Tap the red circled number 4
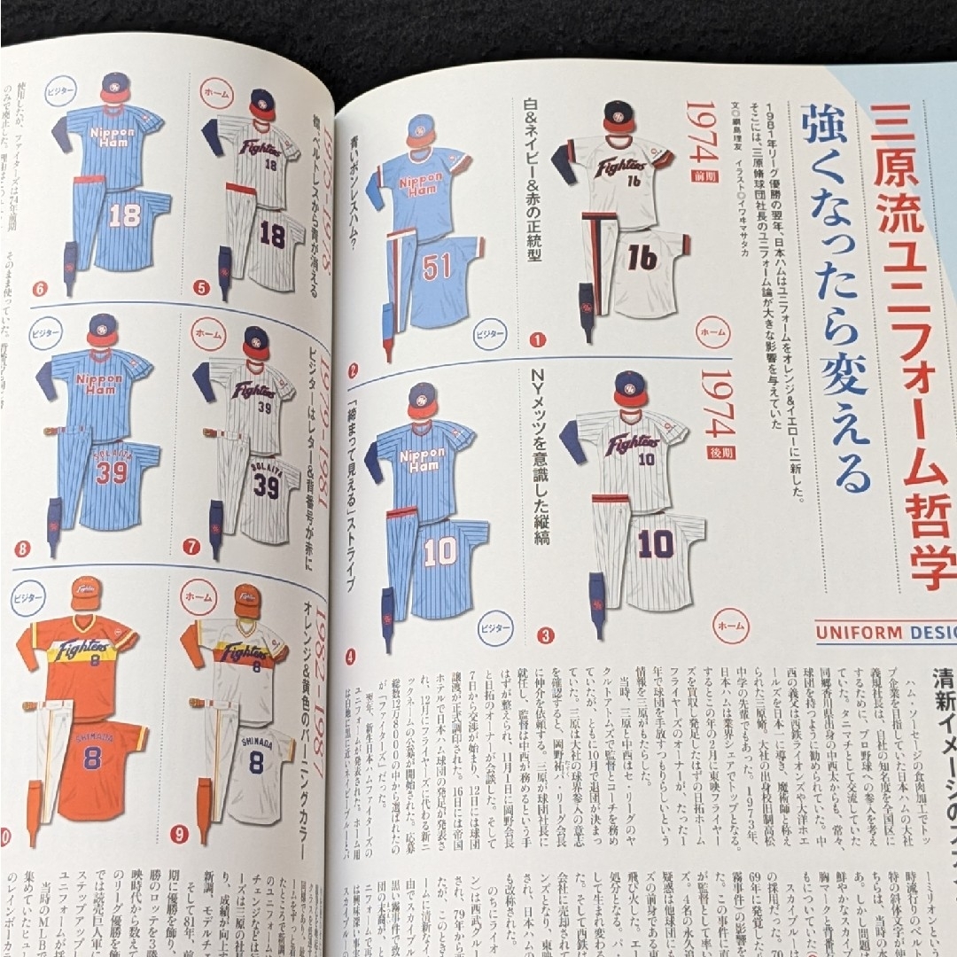(351, 657)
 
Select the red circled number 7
(191, 547)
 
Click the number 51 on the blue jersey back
(437, 266)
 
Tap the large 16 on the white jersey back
(643, 257)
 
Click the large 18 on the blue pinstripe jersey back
(124, 216)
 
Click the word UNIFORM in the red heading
(855, 633)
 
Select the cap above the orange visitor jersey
(86, 592)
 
